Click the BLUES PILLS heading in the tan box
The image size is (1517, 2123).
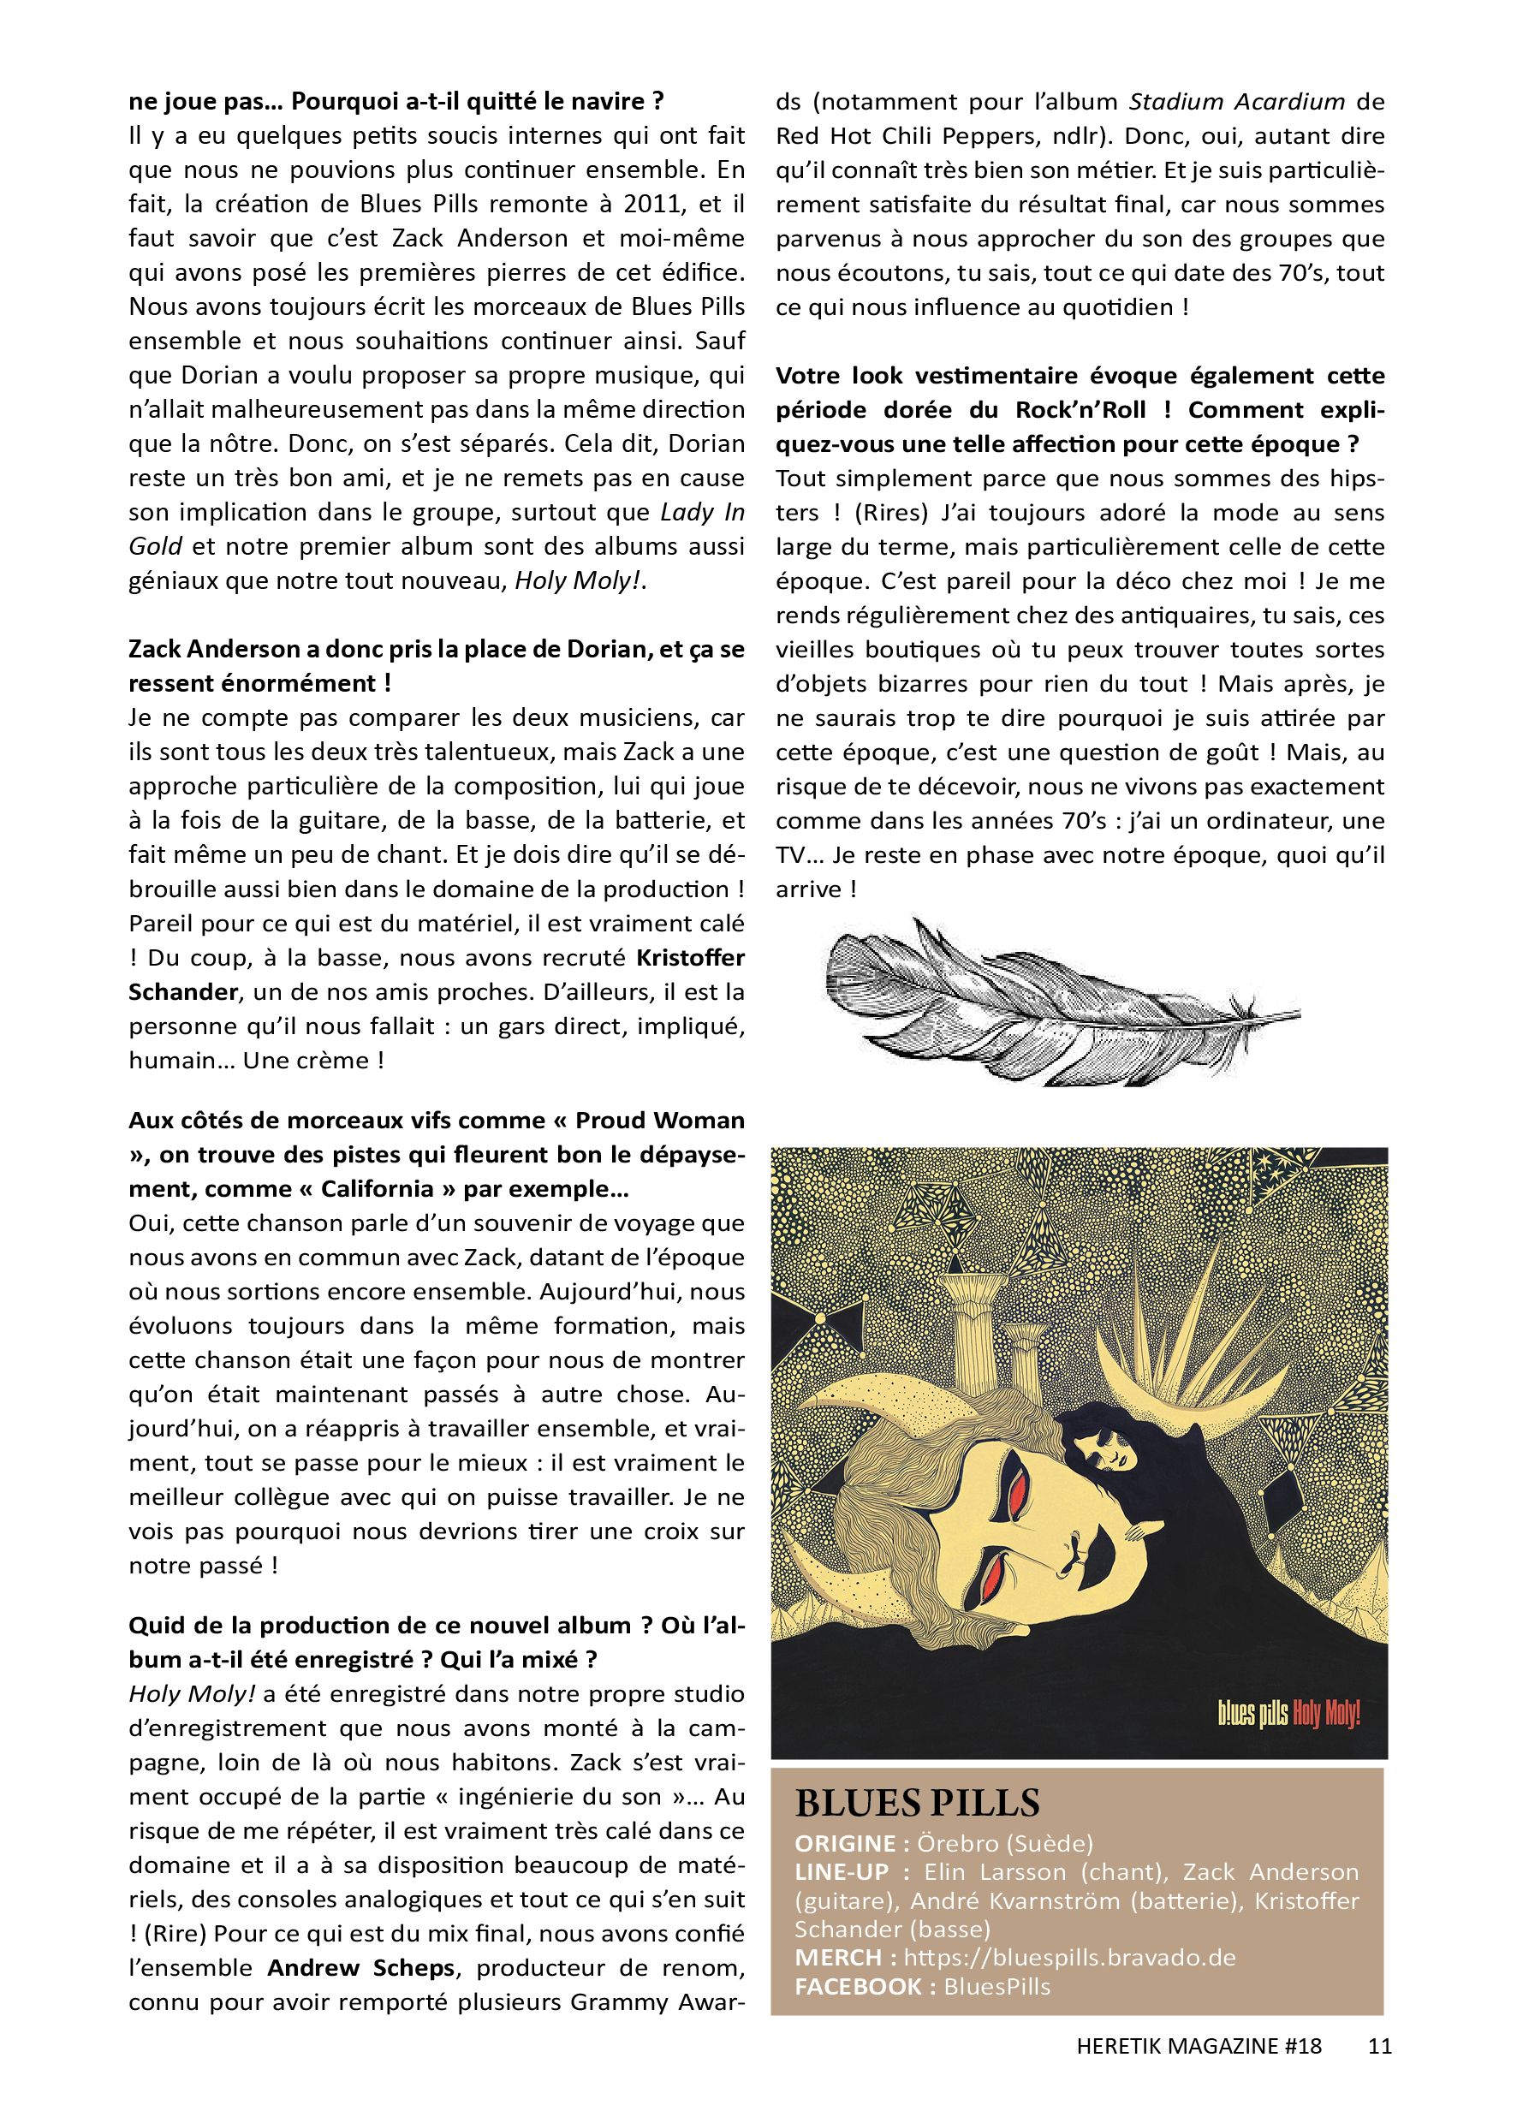coord(916,1802)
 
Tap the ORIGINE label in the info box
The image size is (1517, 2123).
coord(844,1843)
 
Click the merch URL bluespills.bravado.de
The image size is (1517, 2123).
coord(1068,1957)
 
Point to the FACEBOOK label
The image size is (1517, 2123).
coord(859,1986)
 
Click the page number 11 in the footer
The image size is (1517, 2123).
coord(1379,2045)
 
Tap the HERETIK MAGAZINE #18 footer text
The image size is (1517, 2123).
coord(1199,2045)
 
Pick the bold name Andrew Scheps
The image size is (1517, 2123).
coord(360,1967)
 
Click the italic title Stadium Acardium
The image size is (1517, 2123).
coord(1237,101)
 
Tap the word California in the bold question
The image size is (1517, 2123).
coord(378,1188)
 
